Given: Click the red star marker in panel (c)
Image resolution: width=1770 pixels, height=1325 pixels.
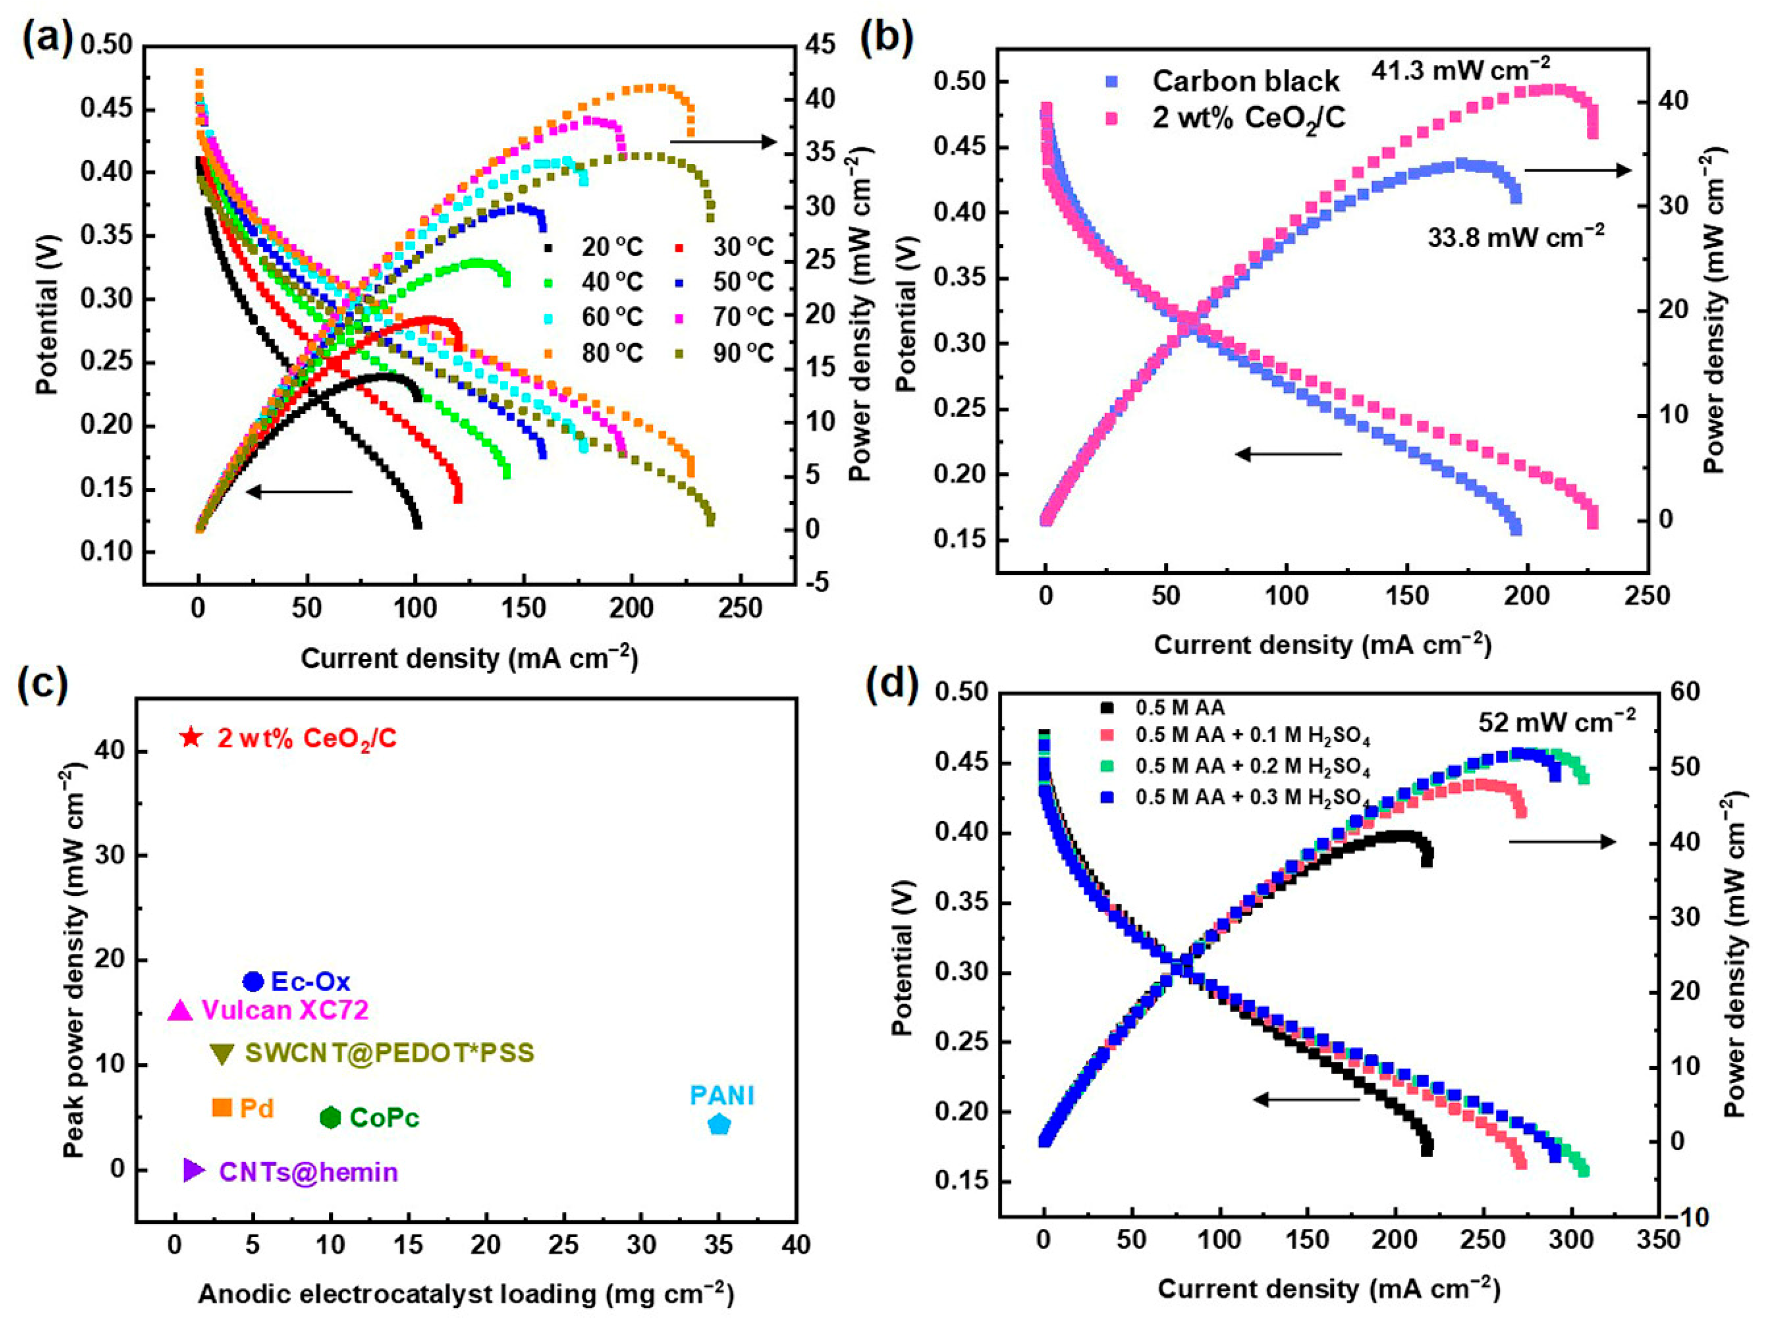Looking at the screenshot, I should [x=190, y=737].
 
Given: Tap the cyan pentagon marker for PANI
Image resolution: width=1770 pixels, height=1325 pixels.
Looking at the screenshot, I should [x=719, y=1124].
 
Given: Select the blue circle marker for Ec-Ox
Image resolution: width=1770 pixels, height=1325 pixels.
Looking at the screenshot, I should [x=253, y=981].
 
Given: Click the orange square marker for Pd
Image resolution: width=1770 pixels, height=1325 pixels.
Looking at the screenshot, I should [x=222, y=1108].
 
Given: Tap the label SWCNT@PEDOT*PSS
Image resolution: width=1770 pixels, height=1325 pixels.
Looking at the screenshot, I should [x=389, y=1052].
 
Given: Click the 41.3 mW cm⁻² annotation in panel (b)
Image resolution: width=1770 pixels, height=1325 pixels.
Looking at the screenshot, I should [x=1461, y=70].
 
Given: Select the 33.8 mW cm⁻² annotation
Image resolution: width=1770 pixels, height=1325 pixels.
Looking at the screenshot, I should [x=1515, y=237].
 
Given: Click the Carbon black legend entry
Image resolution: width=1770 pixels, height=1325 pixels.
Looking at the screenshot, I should [x=1245, y=81].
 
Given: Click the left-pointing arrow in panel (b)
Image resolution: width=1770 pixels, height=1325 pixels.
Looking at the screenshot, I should [x=1289, y=455].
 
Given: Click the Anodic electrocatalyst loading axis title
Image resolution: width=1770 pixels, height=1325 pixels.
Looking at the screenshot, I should [x=466, y=1294].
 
